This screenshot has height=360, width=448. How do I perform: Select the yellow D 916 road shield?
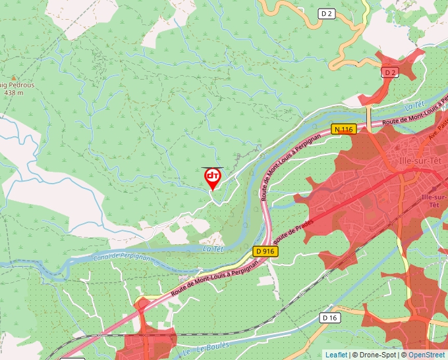click(265, 251)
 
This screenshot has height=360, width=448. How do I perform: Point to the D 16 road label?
click(329, 318)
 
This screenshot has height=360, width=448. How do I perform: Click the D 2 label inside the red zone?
click(390, 72)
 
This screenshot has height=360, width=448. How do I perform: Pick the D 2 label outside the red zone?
click(327, 13)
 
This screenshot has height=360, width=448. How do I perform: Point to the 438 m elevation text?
click(14, 93)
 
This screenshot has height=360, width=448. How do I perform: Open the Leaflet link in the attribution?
click(336, 355)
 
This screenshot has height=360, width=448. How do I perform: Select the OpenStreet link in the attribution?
click(428, 355)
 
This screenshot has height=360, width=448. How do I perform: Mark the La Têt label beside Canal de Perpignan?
click(213, 249)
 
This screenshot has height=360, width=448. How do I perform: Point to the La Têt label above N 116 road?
click(413, 106)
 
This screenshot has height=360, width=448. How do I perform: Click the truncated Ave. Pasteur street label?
click(437, 128)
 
